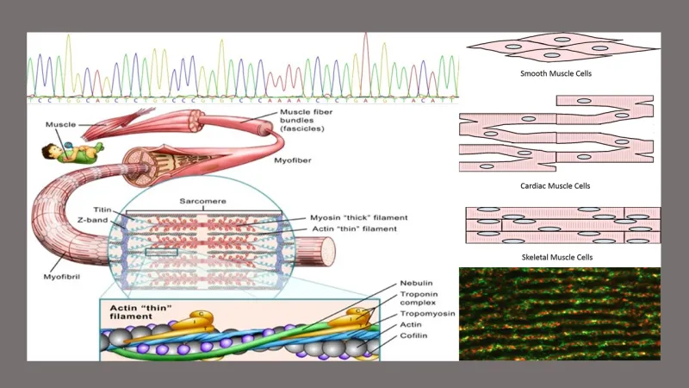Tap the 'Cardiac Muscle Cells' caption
[x=561, y=185]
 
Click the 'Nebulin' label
[x=416, y=285]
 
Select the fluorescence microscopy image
[x=560, y=313]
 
